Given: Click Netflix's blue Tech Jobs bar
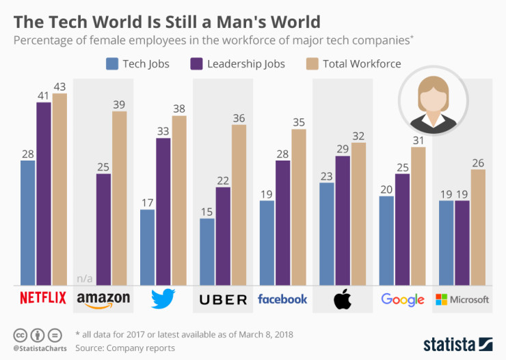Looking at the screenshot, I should click(x=28, y=223).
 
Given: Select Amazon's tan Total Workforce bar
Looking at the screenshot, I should click(x=120, y=198).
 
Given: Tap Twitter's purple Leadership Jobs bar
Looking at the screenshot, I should click(x=163, y=212).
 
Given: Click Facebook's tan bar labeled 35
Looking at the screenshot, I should click(x=299, y=207).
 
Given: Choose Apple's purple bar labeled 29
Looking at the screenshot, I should click(x=342, y=220).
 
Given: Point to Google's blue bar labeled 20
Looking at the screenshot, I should click(x=386, y=240).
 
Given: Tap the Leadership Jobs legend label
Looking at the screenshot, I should click(x=247, y=64).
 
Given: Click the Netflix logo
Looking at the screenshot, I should click(x=43, y=299).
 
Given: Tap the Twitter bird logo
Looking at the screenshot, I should click(x=163, y=299).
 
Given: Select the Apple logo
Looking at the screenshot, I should click(x=342, y=299).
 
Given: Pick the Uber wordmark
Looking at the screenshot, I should click(x=223, y=299).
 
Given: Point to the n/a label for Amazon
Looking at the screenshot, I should click(x=84, y=278).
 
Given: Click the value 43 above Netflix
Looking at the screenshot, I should click(x=59, y=87).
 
